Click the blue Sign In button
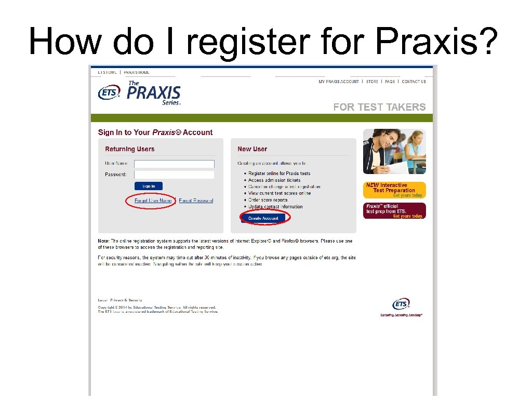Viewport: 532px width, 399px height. tap(149, 186)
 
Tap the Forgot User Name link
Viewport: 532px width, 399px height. tap(153, 201)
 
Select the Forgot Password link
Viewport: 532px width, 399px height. tap(196, 201)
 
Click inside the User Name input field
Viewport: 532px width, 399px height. tap(174, 164)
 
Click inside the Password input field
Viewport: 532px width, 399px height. tap(174, 175)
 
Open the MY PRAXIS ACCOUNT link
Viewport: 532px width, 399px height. tap(339, 82)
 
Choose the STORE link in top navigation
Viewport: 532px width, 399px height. tap(372, 82)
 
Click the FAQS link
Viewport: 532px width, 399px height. tap(390, 82)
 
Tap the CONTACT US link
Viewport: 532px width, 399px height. tap(414, 82)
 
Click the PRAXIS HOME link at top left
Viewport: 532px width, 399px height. tap(136, 72)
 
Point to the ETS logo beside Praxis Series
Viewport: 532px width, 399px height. tap(109, 93)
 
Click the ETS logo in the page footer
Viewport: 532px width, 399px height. tap(401, 304)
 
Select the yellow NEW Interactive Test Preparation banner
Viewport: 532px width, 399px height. tap(394, 190)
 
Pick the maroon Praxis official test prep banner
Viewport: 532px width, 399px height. tap(394, 211)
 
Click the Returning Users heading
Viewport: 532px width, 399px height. tap(130, 149)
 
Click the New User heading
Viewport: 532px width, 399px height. tap(252, 149)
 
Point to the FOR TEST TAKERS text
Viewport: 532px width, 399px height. tap(379, 107)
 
